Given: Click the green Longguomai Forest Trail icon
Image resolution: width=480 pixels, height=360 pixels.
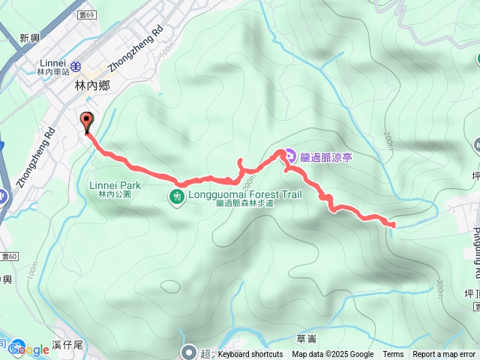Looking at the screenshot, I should pyautogui.click(x=177, y=197).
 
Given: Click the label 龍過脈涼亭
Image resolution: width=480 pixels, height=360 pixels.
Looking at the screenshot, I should pyautogui.click(x=325, y=157).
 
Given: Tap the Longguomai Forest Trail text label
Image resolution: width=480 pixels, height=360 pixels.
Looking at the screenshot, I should pyautogui.click(x=244, y=193).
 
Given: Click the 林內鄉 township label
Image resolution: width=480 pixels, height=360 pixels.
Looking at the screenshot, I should pyautogui.click(x=92, y=86).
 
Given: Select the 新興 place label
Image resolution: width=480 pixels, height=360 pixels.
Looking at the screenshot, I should pyautogui.click(x=29, y=38).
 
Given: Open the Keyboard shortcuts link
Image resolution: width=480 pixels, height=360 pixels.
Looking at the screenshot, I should pyautogui.click(x=250, y=355).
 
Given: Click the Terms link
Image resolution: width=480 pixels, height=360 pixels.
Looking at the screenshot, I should pyautogui.click(x=393, y=355).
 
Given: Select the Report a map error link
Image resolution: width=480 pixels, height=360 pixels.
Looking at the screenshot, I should pyautogui.click(x=444, y=355).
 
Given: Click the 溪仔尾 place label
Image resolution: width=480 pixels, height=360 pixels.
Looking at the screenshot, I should pyautogui.click(x=67, y=346).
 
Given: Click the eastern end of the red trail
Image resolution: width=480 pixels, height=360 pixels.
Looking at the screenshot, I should pyautogui.click(x=392, y=223).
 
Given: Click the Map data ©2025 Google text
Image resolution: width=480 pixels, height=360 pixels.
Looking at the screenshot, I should pyautogui.click(x=332, y=355).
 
